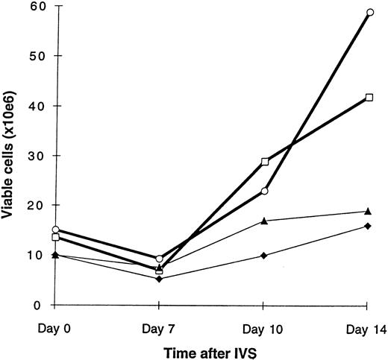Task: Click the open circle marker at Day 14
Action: tap(369, 12)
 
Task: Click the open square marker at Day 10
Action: tap(264, 162)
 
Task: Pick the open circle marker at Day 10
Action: tap(264, 191)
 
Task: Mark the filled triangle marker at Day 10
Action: tap(264, 221)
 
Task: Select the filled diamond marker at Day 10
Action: tap(264, 256)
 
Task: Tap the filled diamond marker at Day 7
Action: tap(159, 279)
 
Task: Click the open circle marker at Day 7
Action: tap(159, 259)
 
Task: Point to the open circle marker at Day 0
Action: tap(54, 230)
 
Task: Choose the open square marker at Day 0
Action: tap(54, 237)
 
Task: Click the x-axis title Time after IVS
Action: tap(211, 350)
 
